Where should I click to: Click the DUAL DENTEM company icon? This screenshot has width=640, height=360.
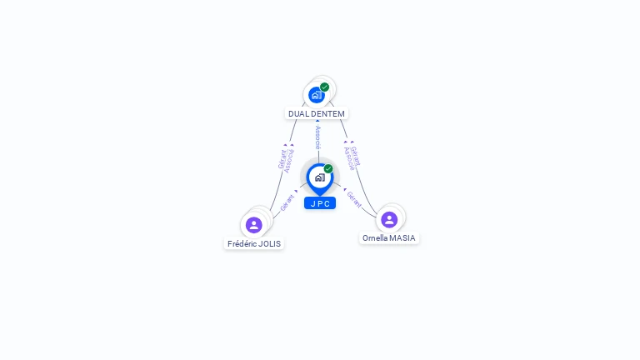[x=316, y=95]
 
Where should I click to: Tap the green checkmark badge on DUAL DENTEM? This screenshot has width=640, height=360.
[x=324, y=87]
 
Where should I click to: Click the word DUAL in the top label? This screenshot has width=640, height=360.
[x=298, y=113]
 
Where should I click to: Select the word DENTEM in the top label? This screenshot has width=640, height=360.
[x=327, y=113]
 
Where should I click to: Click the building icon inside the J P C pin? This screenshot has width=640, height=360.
[x=319, y=177]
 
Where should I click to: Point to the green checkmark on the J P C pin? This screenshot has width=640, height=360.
[x=328, y=168]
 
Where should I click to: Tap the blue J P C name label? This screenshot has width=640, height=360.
[x=320, y=203]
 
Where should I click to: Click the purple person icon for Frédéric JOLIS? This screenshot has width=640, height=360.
[x=254, y=225]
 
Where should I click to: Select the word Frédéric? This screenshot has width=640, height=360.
[x=243, y=244]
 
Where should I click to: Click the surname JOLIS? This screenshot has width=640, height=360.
[x=270, y=244]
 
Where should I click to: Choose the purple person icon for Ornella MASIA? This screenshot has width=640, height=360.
[x=389, y=219]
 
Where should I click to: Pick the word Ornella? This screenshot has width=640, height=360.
[x=375, y=238]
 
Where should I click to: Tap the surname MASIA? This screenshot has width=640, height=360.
[x=402, y=238]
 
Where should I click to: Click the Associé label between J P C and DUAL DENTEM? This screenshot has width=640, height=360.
[x=317, y=138]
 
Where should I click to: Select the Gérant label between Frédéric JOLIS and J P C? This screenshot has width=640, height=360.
[x=287, y=202]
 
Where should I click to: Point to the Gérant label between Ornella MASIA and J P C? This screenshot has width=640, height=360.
[x=353, y=198]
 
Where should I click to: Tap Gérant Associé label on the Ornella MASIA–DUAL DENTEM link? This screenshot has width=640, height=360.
[x=352, y=157]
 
